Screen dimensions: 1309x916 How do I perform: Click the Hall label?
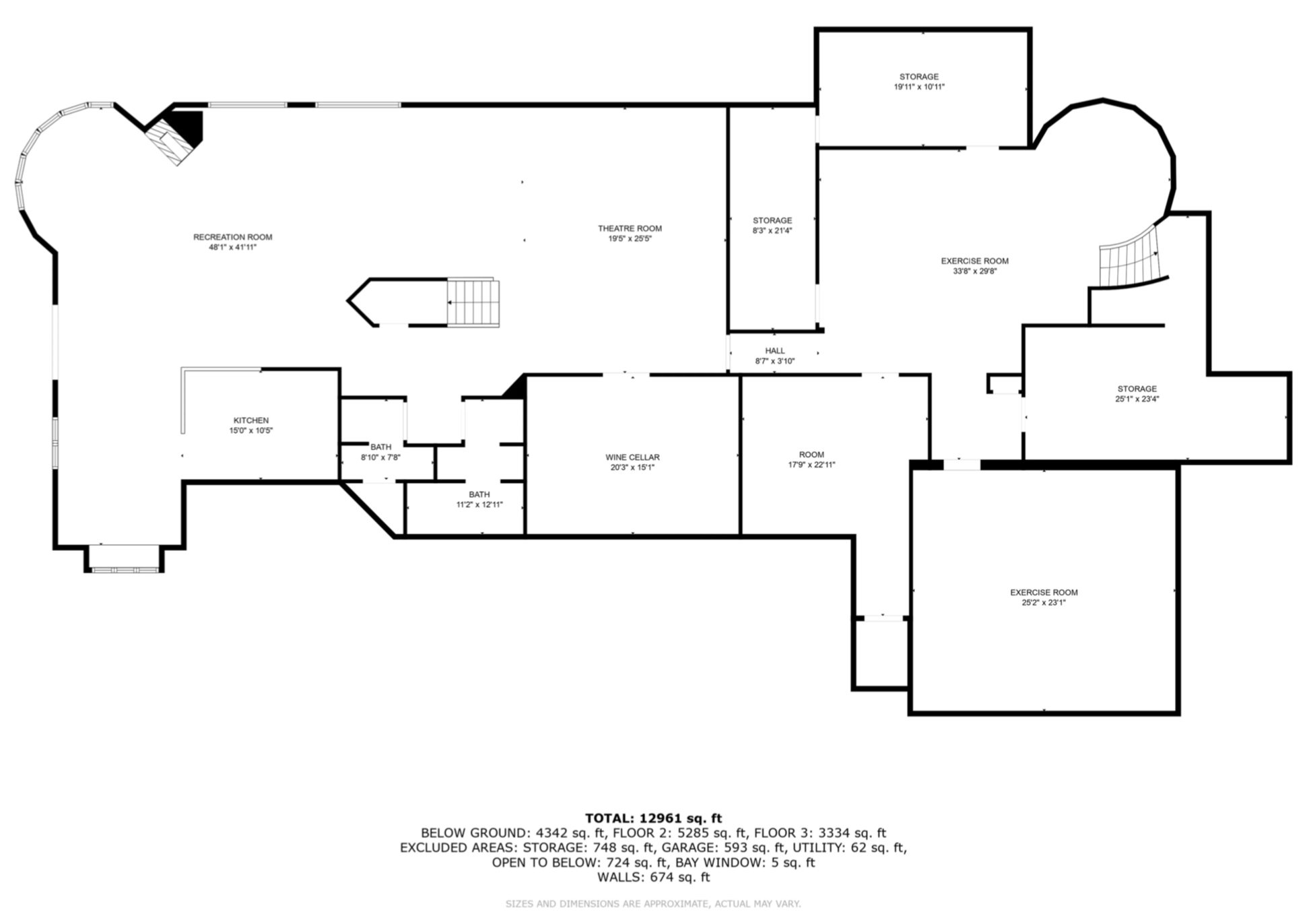tap(775, 350)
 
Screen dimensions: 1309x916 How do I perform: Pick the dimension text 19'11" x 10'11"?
tap(919, 87)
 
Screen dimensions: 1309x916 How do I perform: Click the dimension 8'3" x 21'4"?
tap(772, 230)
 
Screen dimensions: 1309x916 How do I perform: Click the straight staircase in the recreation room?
tap(473, 302)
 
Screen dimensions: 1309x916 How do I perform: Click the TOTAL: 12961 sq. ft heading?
tap(653, 818)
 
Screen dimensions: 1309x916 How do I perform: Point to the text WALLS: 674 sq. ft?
tap(653, 877)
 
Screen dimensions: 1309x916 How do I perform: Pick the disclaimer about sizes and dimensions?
tap(653, 904)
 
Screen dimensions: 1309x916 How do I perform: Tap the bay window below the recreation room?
tap(125, 559)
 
